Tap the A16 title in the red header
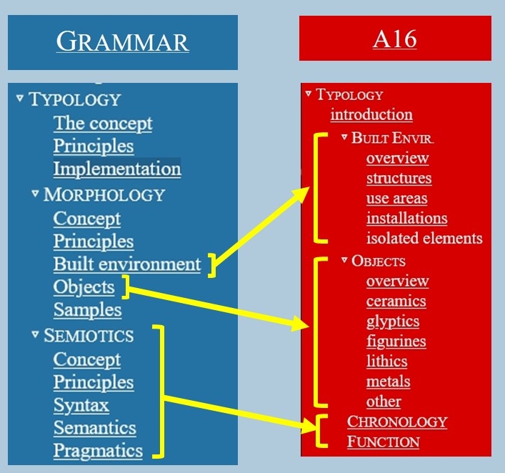[395, 39]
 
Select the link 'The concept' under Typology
[103, 124]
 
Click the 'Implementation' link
[117, 169]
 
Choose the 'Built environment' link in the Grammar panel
[127, 264]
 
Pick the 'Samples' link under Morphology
[88, 309]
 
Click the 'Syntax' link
[81, 405]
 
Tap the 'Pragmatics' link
[99, 450]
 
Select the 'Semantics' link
[95, 427]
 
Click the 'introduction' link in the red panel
[371, 114]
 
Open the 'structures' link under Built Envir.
[399, 178]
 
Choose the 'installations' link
[407, 218]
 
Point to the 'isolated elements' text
[424, 238]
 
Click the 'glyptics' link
[393, 322]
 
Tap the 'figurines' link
[396, 342]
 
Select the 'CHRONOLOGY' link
[397, 422]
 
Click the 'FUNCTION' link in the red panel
[384, 442]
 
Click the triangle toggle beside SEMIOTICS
[36, 334]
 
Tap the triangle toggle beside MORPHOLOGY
[36, 194]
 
